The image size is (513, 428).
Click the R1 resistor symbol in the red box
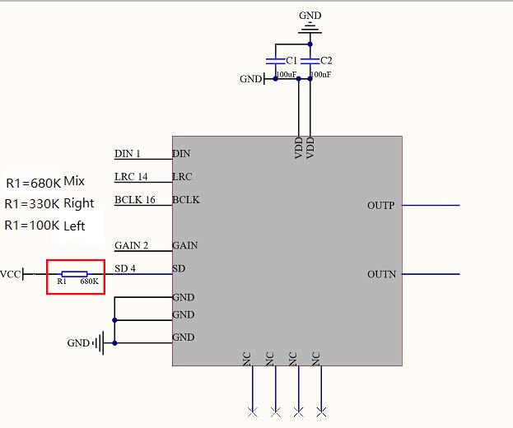[75, 274]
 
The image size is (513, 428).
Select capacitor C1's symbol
[276, 61]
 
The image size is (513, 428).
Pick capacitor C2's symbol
[310, 61]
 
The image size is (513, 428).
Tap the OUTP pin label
[380, 205]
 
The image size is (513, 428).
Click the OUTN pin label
[381, 274]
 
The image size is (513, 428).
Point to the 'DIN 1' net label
[128, 153]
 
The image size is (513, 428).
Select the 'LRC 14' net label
[131, 177]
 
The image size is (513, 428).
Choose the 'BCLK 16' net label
[135, 199]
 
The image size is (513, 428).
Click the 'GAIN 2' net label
[131, 245]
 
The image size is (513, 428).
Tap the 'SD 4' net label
[125, 268]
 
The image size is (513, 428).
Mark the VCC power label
[11, 274]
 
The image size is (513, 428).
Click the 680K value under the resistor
[89, 281]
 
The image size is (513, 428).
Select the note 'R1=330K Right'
[49, 203]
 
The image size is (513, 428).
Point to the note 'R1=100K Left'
[44, 226]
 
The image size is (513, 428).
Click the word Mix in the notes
[74, 181]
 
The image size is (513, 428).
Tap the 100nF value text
[320, 75]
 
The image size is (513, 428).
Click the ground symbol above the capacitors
[310, 29]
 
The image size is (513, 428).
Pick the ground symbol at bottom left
[99, 343]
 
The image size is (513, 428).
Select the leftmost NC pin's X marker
[252, 412]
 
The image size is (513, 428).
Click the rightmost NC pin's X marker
[321, 412]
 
